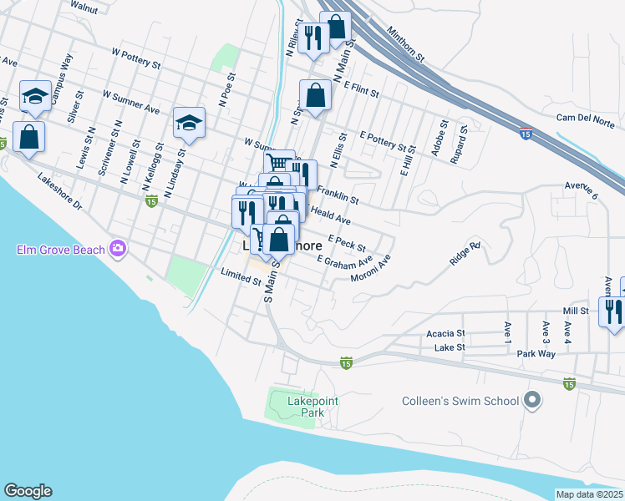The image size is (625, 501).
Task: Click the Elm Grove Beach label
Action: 61,250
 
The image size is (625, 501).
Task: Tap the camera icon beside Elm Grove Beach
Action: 118,248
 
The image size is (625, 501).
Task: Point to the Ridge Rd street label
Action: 465,253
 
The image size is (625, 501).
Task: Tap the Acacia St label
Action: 445,333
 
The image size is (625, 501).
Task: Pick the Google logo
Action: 28,491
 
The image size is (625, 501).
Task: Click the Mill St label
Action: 577,310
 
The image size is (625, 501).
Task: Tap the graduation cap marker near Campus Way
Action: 36,99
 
